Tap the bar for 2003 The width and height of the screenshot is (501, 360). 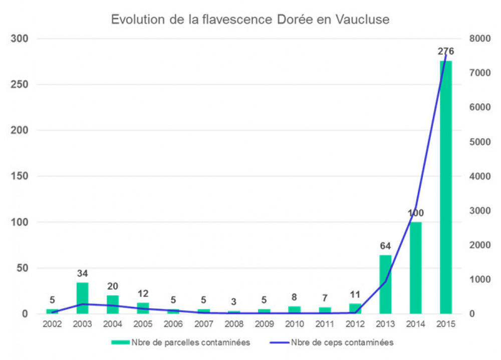coord(82,298)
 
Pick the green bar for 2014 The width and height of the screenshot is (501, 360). coord(415,268)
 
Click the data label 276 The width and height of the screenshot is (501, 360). coord(446,51)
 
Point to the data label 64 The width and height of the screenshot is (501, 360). coord(385,246)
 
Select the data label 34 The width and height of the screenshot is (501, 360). coord(82,274)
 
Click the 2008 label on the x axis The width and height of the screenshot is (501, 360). coord(234,324)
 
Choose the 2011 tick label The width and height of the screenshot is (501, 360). coord(325,324)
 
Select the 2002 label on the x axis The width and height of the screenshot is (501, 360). coord(52,324)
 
